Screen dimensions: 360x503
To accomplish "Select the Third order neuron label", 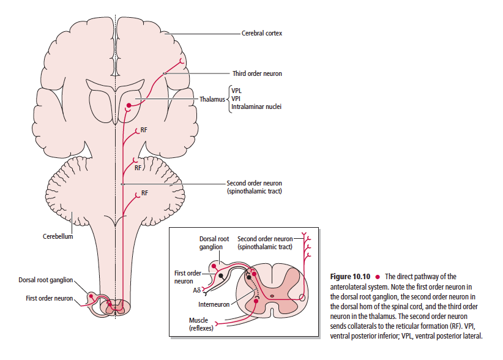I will [x=257, y=73].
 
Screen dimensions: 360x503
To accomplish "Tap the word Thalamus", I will [x=212, y=98].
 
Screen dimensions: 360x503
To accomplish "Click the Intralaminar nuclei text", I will [x=256, y=107].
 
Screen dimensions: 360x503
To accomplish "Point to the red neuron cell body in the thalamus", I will [x=128, y=107].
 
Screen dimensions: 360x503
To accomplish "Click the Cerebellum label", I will [x=58, y=236].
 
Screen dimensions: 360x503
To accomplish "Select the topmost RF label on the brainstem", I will [x=143, y=130].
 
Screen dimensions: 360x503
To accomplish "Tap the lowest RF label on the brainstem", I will [x=144, y=193].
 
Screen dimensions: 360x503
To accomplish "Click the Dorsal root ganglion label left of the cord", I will [x=45, y=280].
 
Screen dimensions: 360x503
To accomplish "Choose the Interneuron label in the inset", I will [x=214, y=304].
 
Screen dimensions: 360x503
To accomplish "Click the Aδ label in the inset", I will [x=196, y=291].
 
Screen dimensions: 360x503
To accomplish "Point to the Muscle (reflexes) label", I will [x=198, y=325].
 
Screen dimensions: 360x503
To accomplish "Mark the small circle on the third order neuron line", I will [x=164, y=74].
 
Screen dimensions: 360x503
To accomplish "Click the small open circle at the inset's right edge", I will [x=302, y=298].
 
